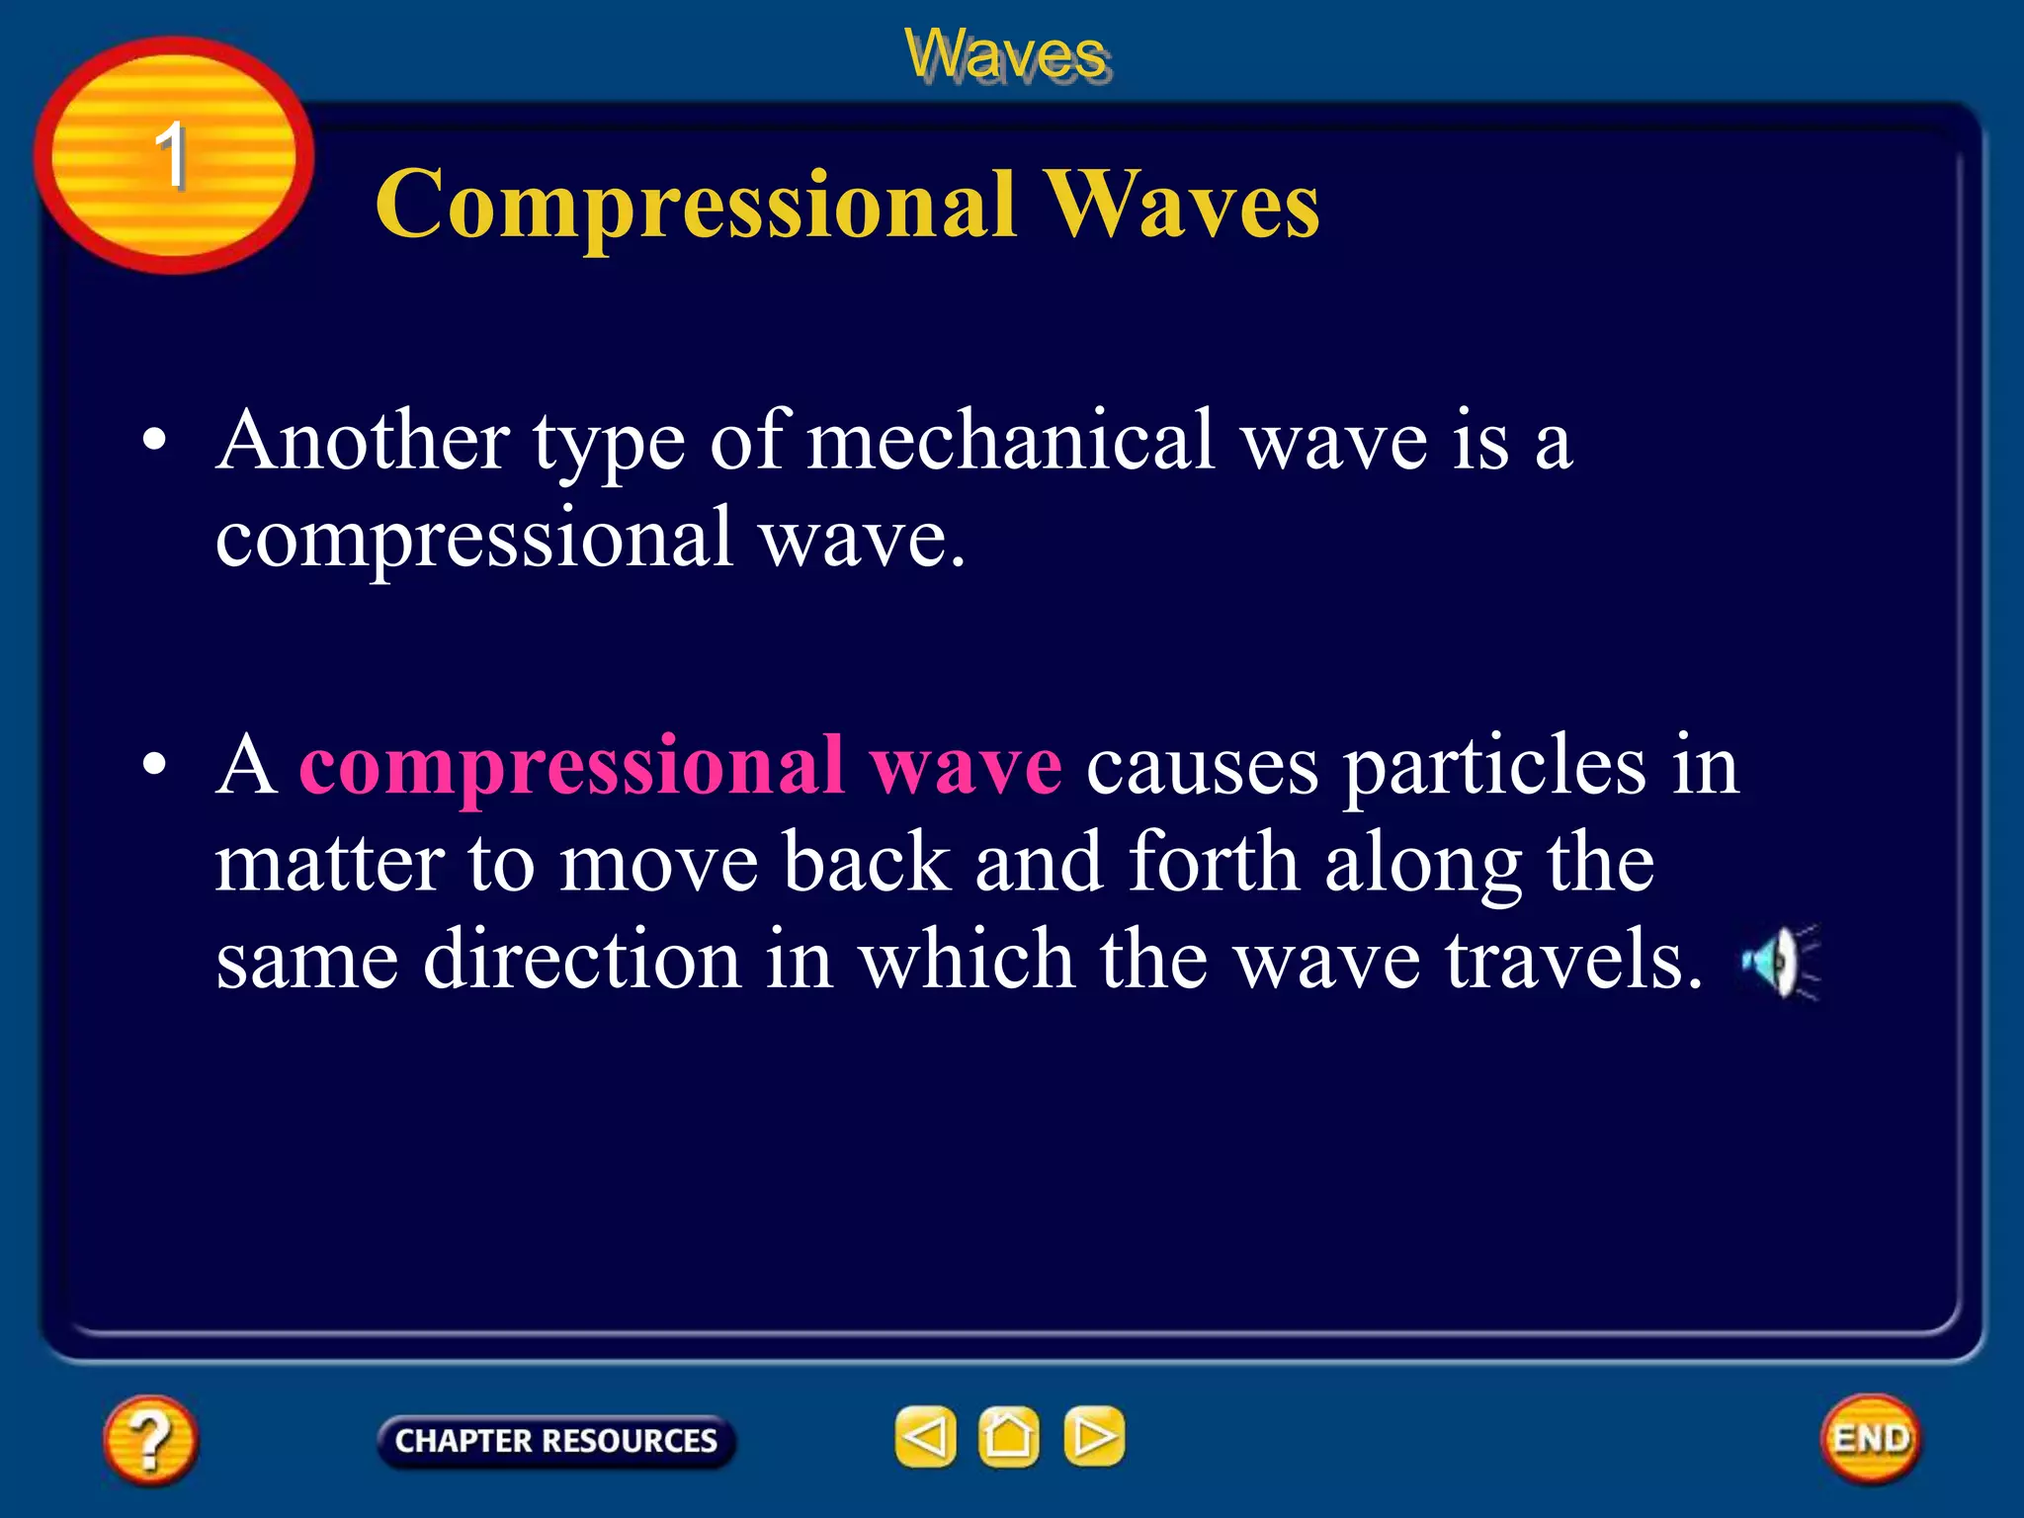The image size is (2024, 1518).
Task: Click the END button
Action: click(x=1870, y=1438)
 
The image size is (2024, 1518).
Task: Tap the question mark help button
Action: click(x=150, y=1440)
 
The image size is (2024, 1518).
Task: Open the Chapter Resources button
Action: click(x=555, y=1441)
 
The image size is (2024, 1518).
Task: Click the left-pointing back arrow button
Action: click(x=925, y=1436)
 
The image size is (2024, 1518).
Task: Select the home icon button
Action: click(x=1008, y=1436)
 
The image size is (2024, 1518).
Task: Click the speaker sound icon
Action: click(x=1780, y=962)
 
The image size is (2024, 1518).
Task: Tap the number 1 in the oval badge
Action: click(x=171, y=155)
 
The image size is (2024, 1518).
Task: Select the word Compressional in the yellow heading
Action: click(x=696, y=205)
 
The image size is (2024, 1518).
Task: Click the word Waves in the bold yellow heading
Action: click(x=1182, y=205)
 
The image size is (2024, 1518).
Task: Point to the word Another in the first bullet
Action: click(x=363, y=441)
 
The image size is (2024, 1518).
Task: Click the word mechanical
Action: click(x=1010, y=441)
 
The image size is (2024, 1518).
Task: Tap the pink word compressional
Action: click(x=571, y=767)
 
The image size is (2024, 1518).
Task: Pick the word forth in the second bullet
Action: click(x=1213, y=862)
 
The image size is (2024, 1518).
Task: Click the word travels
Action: click(x=1573, y=960)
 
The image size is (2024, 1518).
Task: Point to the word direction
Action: click(x=582, y=960)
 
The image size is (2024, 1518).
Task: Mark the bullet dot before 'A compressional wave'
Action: click(x=153, y=766)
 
